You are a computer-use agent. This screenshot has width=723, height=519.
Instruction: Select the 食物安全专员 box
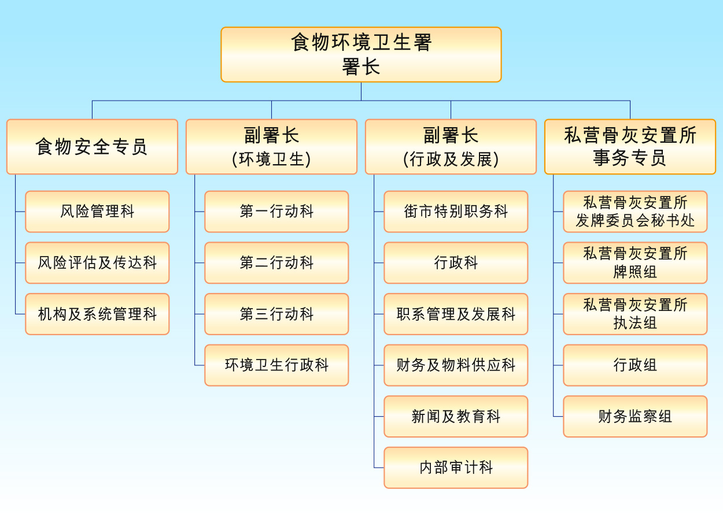[x=92, y=147]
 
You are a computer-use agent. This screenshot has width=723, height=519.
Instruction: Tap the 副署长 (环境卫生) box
[x=271, y=147]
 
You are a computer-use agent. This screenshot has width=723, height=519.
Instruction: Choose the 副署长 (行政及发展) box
[x=451, y=147]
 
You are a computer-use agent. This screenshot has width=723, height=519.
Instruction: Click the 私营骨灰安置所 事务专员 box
[x=630, y=147]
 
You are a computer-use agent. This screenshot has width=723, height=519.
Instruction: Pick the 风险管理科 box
[x=97, y=212]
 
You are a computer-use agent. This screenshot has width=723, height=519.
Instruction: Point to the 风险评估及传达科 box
[x=97, y=263]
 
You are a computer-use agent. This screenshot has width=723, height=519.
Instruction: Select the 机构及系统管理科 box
[x=97, y=314]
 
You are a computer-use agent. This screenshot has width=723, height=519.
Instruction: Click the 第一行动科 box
[x=276, y=212]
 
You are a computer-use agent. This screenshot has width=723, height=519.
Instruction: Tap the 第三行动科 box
[x=276, y=314]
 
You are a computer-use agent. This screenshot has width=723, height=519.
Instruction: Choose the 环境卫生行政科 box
[x=276, y=365]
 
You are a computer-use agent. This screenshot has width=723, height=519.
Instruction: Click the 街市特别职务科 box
[x=456, y=212]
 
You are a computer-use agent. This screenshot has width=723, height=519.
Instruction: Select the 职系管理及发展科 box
[x=456, y=314]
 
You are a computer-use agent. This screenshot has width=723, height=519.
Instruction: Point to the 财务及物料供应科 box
[x=456, y=365]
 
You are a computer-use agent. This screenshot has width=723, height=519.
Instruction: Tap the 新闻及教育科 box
[x=456, y=417]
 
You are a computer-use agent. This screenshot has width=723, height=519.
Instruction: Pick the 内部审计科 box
[x=456, y=468]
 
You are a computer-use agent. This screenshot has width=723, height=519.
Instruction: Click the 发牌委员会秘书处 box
[x=635, y=212]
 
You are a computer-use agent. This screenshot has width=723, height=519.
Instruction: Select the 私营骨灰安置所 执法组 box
[x=635, y=314]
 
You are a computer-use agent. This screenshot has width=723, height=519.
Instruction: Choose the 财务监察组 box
[x=635, y=417]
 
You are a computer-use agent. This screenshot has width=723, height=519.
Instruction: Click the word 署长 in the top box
[x=361, y=67]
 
